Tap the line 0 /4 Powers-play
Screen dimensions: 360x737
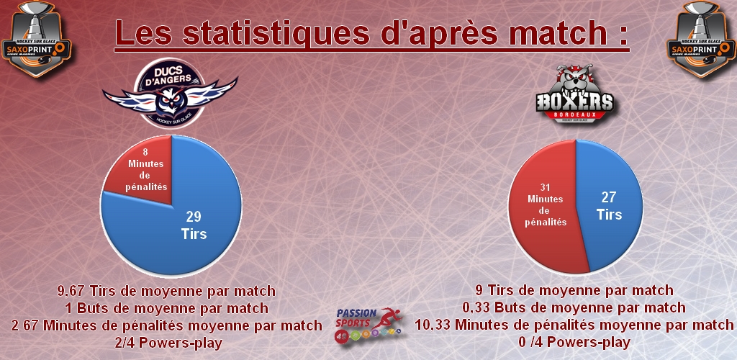coord(574,343)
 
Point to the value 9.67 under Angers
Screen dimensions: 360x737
coord(73,292)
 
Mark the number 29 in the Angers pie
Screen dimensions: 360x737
coord(194,217)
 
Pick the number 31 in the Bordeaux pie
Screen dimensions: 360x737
coord(545,187)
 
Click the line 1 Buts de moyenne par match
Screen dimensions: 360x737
coord(166,308)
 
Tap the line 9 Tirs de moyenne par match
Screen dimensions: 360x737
coord(574,291)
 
